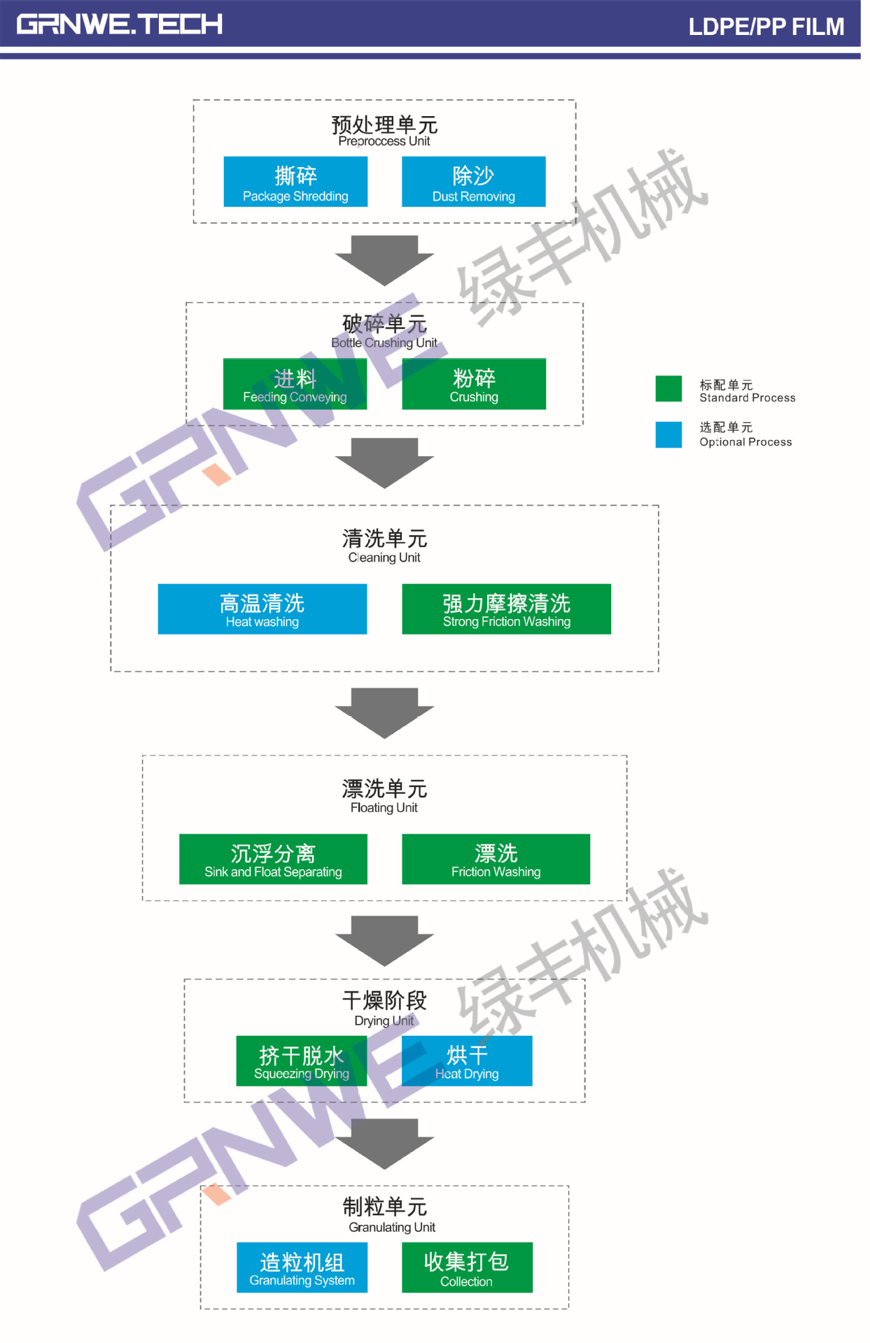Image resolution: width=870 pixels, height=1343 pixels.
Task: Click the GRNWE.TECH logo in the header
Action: [x=120, y=24]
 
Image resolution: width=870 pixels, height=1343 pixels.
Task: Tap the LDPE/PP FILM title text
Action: [x=766, y=27]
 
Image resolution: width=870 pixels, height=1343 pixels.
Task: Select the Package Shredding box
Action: [x=295, y=182]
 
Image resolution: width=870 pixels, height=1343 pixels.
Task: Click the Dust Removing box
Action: [x=473, y=182]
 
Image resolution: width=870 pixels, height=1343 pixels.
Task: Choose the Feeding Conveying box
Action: [x=295, y=384]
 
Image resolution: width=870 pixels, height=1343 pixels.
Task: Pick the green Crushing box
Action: [x=474, y=384]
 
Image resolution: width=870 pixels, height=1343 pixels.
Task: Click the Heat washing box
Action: [x=262, y=609]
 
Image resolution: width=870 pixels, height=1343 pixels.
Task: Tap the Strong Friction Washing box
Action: [x=506, y=609]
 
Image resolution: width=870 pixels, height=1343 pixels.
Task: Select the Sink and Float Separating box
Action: [x=273, y=859]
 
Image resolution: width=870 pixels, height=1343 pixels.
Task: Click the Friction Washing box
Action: [x=496, y=859]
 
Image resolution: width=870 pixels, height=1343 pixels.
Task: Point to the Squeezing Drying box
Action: [x=302, y=1061]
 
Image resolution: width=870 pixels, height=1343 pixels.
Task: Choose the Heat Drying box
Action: [x=467, y=1061]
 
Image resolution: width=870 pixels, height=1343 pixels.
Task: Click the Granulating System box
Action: [x=302, y=1267]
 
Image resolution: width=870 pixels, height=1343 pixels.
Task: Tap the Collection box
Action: [x=467, y=1267]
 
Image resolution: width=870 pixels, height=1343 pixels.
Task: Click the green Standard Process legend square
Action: [x=668, y=389]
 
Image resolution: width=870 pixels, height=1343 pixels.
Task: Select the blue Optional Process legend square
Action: [x=668, y=434]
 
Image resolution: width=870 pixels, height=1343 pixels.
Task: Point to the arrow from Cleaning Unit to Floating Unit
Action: [x=384, y=712]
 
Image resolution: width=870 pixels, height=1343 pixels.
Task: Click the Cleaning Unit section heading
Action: [x=384, y=546]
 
